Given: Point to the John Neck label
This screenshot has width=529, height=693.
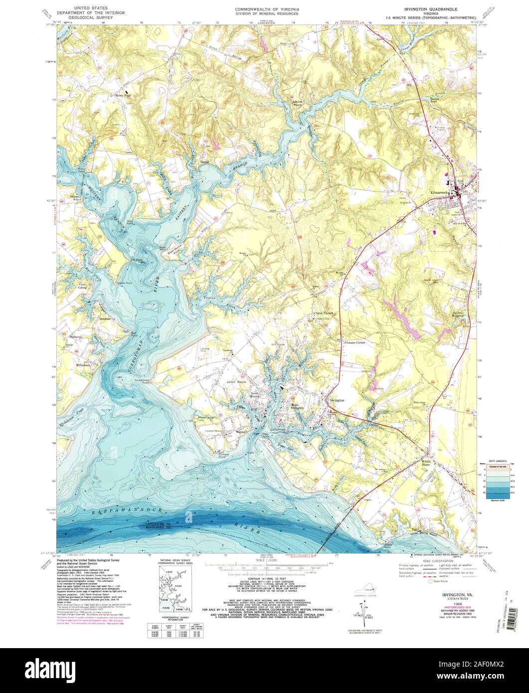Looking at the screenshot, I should (237, 382).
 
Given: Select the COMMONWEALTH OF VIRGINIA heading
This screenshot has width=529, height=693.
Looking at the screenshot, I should (264, 9).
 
